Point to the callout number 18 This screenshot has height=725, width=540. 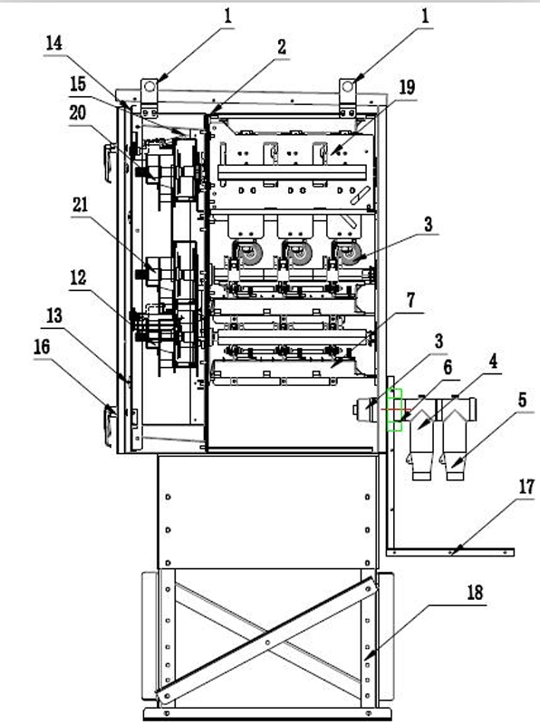coord(475,594)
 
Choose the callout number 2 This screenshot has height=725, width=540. coord(282,48)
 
